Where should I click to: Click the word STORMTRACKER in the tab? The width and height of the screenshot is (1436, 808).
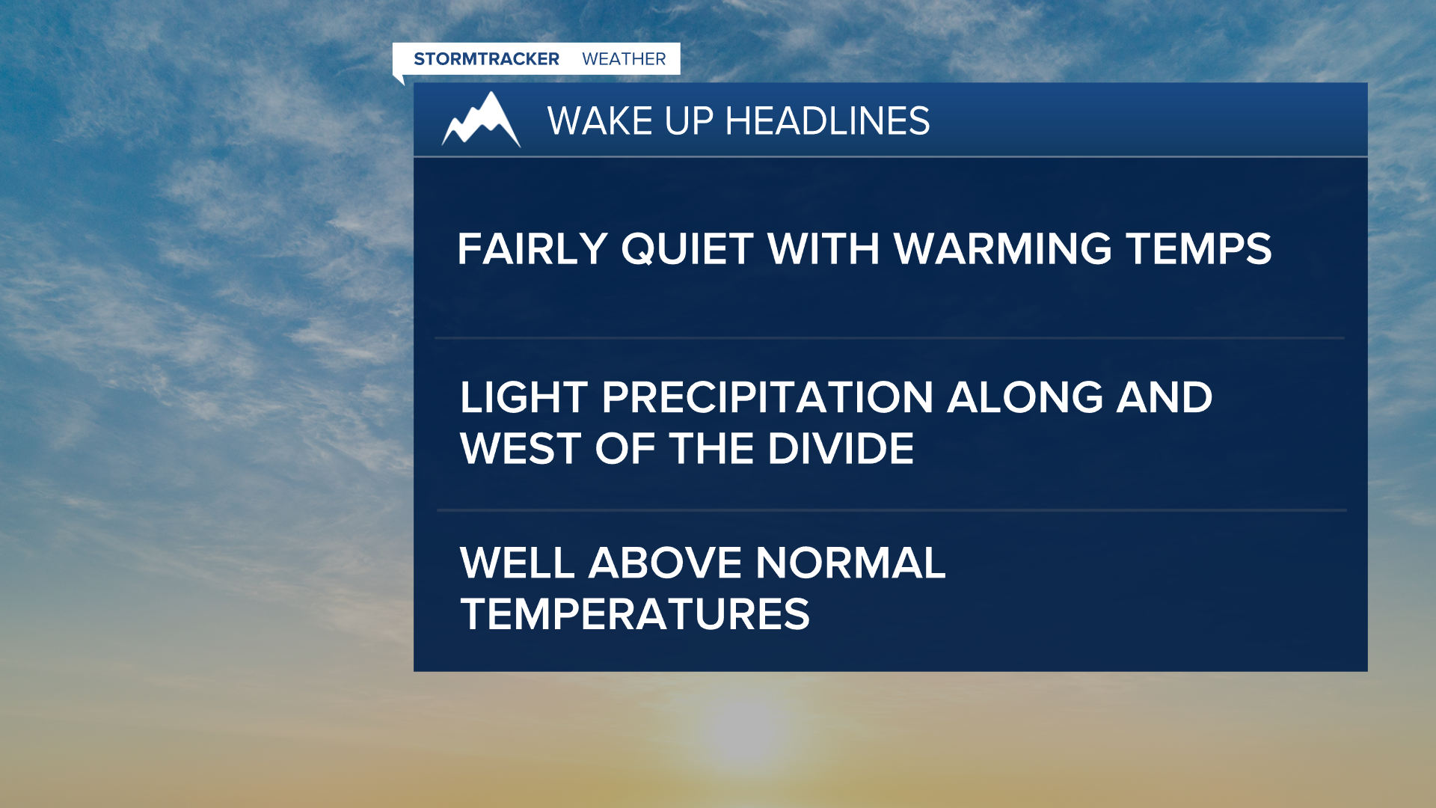[486, 59]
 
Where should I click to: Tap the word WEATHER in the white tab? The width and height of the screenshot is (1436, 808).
[624, 59]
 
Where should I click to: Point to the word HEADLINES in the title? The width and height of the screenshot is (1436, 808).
[827, 121]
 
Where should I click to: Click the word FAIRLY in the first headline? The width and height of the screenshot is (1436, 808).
[532, 249]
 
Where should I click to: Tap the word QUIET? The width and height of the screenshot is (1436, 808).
[687, 249]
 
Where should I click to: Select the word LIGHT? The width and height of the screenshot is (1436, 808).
[524, 397]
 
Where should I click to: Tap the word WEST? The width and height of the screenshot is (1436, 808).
[521, 449]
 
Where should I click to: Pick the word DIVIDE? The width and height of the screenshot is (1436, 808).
[841, 449]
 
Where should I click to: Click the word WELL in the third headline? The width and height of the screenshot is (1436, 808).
[517, 563]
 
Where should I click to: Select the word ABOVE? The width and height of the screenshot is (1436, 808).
[665, 563]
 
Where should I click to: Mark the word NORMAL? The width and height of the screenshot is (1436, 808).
[850, 563]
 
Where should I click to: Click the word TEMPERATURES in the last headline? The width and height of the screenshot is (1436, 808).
[635, 615]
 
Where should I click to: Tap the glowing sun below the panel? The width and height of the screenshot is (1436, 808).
[740, 729]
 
